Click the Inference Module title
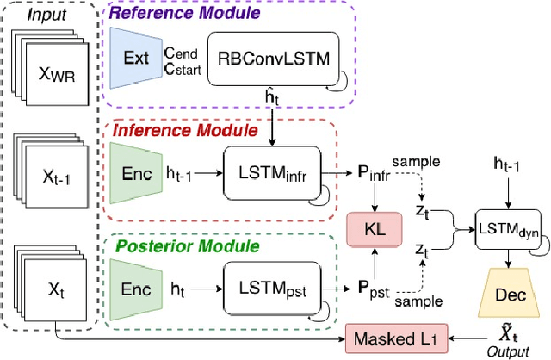176,131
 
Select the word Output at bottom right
504,350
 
